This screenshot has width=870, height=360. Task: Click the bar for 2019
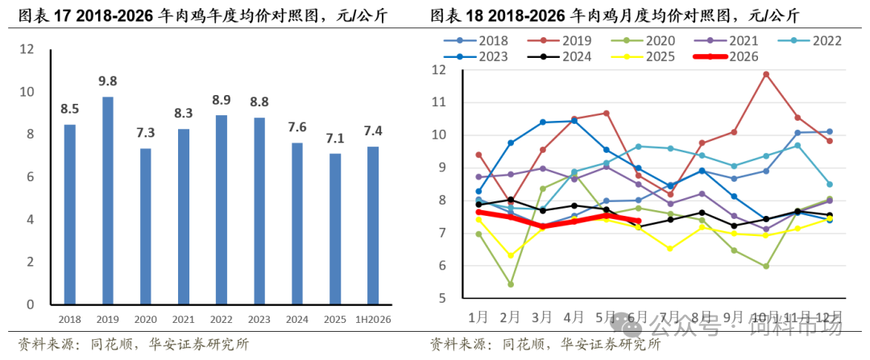(108, 201)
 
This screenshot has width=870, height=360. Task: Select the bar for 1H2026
(373, 226)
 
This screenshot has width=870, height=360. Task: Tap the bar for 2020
(145, 227)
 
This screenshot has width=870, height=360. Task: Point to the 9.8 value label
(108, 82)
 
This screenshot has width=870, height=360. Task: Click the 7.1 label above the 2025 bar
(335, 138)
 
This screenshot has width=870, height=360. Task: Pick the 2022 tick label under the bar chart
(222, 320)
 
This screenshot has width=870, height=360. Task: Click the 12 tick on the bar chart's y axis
(27, 49)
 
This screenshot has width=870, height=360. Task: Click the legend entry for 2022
(811, 40)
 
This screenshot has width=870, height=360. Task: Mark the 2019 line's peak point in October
(766, 74)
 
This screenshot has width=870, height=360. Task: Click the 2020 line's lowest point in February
(511, 284)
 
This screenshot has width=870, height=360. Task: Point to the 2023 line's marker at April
(574, 121)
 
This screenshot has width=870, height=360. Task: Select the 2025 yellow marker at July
(669, 249)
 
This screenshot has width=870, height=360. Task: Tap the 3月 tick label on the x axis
(541, 318)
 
